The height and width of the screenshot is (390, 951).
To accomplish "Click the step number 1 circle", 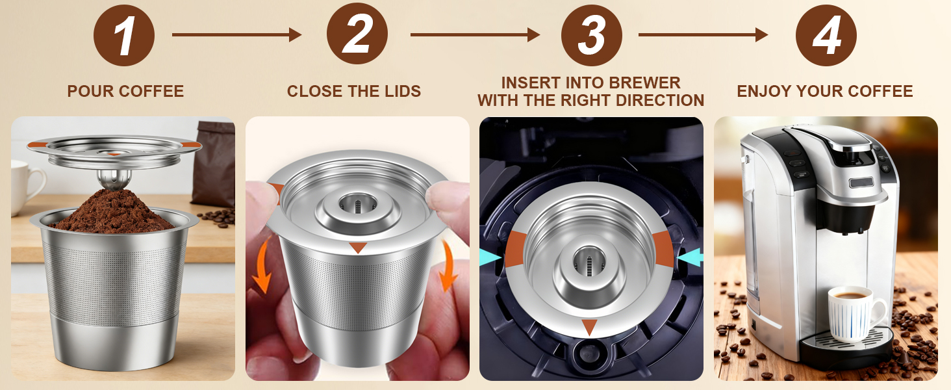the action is pos(124,35).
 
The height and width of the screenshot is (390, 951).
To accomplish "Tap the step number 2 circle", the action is pos(357,34).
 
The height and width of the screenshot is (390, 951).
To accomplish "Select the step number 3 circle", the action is pos(591,35).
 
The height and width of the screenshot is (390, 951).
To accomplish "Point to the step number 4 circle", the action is pos(826,35).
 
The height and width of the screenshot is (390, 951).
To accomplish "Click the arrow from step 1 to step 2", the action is pos(237,34).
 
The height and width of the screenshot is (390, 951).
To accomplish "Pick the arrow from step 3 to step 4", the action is pos(703,34).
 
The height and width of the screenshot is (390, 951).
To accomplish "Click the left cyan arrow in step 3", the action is pos(490,258).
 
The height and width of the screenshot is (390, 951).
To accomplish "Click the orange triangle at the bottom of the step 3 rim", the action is pos(589,327).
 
